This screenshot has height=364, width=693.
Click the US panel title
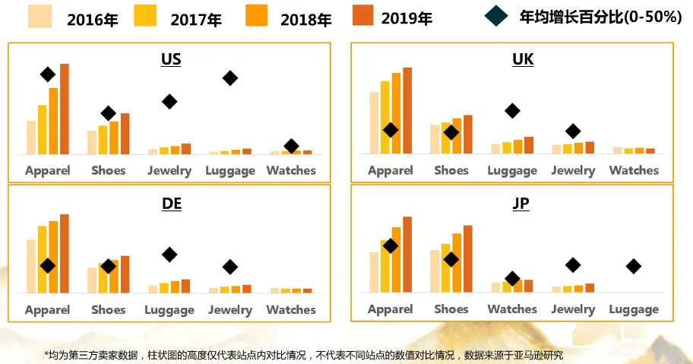coord(171,59)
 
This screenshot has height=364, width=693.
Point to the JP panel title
coord(521,203)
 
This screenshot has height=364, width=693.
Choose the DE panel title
coord(171,203)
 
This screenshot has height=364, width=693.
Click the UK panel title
coord(523,59)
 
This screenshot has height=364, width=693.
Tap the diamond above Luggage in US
coord(229,78)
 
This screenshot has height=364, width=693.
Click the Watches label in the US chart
coord(291,170)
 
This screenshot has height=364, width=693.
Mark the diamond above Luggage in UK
coord(512,111)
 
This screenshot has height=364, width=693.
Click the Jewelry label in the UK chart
coord(573,170)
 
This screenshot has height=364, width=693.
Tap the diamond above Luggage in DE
coord(169,254)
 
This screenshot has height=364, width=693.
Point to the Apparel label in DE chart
coord(47,310)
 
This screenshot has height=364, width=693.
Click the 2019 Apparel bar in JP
coord(407,254)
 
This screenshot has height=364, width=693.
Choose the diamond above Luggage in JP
coord(633,266)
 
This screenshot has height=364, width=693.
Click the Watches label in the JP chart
coord(512,309)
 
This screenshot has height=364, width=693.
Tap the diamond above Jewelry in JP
coord(573,264)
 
